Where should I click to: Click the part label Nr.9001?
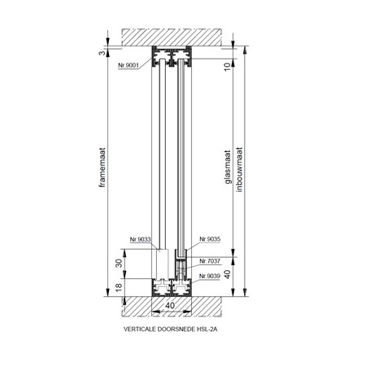[x=129, y=65]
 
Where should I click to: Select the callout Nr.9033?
[x=140, y=239]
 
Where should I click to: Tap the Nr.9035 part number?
[x=210, y=239]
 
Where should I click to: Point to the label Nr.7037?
[x=210, y=261]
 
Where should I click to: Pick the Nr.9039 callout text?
[x=210, y=276]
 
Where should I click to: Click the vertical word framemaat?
[x=102, y=168]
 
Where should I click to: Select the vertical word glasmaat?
[x=228, y=168]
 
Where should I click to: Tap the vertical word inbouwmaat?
[x=239, y=170]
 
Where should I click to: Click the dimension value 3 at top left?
[x=102, y=53]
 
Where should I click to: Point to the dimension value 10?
[x=228, y=66]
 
